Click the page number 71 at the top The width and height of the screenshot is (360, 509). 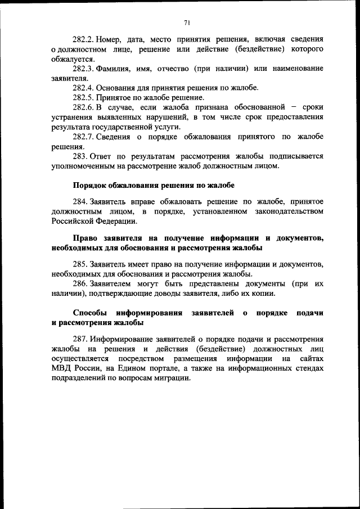(187, 22)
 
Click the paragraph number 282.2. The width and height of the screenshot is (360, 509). (83, 39)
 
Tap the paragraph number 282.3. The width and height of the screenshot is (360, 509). (83, 69)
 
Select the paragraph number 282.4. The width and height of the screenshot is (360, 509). (83, 88)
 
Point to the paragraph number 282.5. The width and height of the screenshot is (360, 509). (83, 97)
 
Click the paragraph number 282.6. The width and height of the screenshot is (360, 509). (83, 107)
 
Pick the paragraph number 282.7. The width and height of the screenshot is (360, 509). (83, 137)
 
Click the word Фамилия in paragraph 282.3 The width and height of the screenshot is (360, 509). (112, 69)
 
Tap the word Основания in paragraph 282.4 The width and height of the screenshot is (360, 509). (116, 88)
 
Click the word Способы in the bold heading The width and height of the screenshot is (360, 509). (90, 313)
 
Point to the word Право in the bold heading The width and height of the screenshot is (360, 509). (85, 238)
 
